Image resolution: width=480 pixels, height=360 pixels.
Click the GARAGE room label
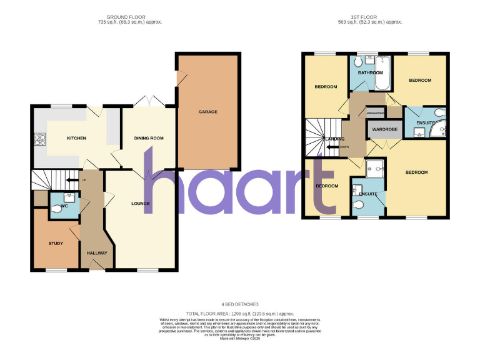pos(207,112)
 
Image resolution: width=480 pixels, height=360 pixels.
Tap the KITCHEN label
pos(76,138)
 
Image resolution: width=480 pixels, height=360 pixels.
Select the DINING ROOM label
pos(149,137)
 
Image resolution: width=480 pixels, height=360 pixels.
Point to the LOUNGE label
pos(140,204)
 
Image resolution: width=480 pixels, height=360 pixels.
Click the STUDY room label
pos(56,243)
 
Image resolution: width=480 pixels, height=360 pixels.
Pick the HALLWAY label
pos(97,253)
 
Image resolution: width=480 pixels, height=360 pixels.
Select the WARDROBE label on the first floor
pos(385,130)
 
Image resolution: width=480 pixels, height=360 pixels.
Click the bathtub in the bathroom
pos(384,72)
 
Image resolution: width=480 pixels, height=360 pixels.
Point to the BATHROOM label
pos(370,72)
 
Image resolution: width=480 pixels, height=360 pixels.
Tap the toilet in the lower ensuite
pos(359,206)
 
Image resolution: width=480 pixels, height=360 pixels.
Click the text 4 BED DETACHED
pos(240,306)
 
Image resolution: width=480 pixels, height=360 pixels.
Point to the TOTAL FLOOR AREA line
pos(240,313)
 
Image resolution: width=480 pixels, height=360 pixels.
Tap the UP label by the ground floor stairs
pos(83,181)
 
